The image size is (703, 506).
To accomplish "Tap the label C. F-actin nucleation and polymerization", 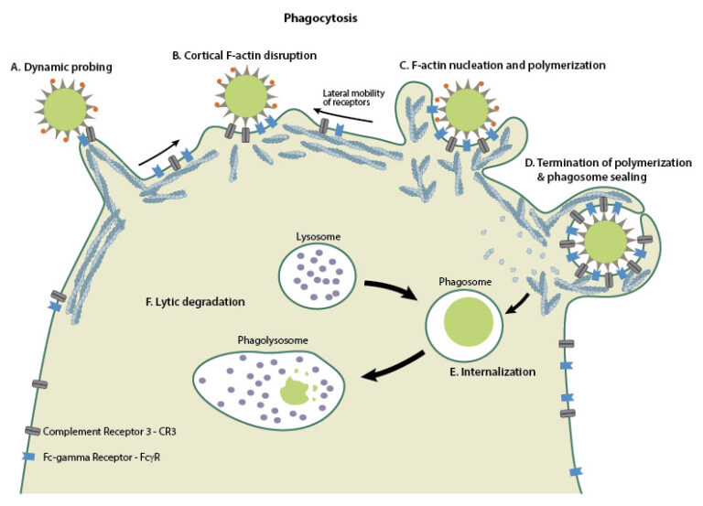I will tap(503, 65).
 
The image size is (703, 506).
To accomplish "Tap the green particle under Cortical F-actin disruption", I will tap(245, 95).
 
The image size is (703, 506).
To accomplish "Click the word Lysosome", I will tap(320, 236).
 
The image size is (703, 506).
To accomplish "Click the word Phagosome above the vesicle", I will tap(467, 284).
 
